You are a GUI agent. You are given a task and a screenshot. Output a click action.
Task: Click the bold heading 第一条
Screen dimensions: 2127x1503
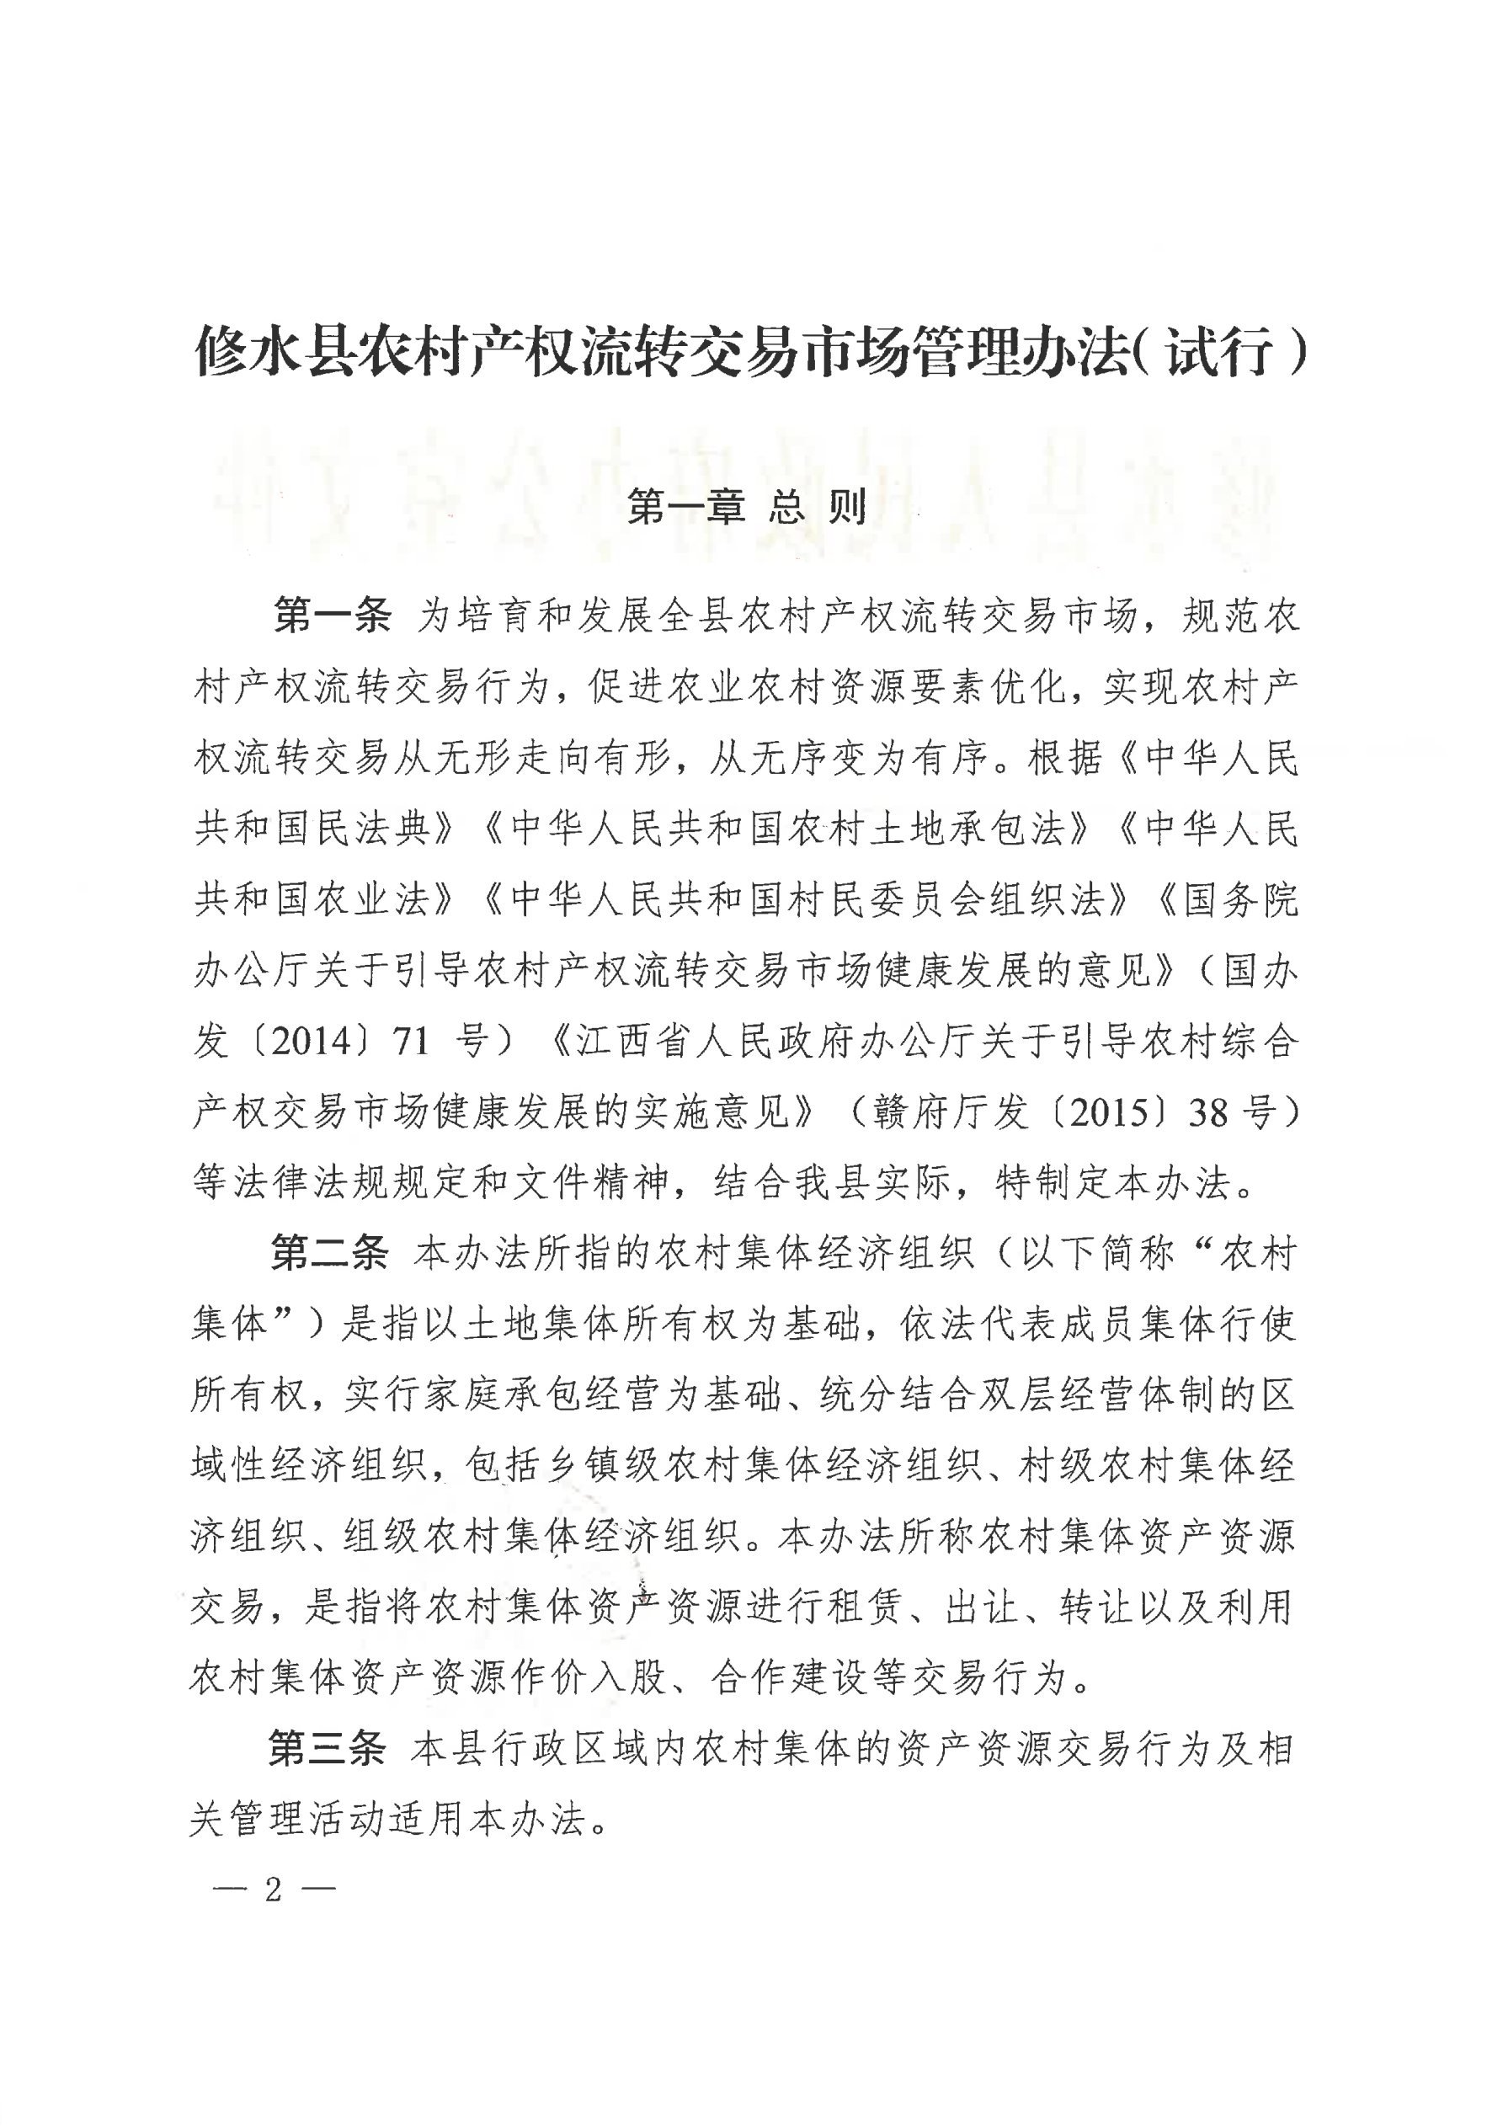333,616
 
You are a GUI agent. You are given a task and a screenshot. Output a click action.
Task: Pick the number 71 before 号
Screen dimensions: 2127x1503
412,1042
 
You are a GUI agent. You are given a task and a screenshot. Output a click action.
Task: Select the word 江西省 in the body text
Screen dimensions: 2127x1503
634,1042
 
